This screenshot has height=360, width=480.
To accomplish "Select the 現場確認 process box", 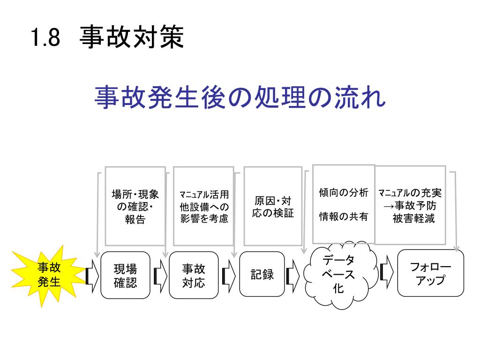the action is point(125,275).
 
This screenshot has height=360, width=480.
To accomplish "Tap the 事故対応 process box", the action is point(194,275).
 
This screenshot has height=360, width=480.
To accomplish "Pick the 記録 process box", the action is point(262,274).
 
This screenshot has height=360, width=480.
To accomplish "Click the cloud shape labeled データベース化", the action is point(338,275).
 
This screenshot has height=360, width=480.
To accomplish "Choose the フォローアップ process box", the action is point(430,274).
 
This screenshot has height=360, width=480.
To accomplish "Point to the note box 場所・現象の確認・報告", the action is point(135,206).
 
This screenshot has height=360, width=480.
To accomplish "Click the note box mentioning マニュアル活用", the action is point(204,206).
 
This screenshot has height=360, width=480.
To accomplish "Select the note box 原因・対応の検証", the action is point(273,206).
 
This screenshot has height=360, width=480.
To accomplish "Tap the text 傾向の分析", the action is point(344,193).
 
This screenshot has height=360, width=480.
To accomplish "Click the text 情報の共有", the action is point(344,217).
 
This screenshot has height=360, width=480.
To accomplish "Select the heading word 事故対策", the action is point(131,37).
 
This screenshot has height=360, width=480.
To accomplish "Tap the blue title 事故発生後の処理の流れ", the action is point(240,97).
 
